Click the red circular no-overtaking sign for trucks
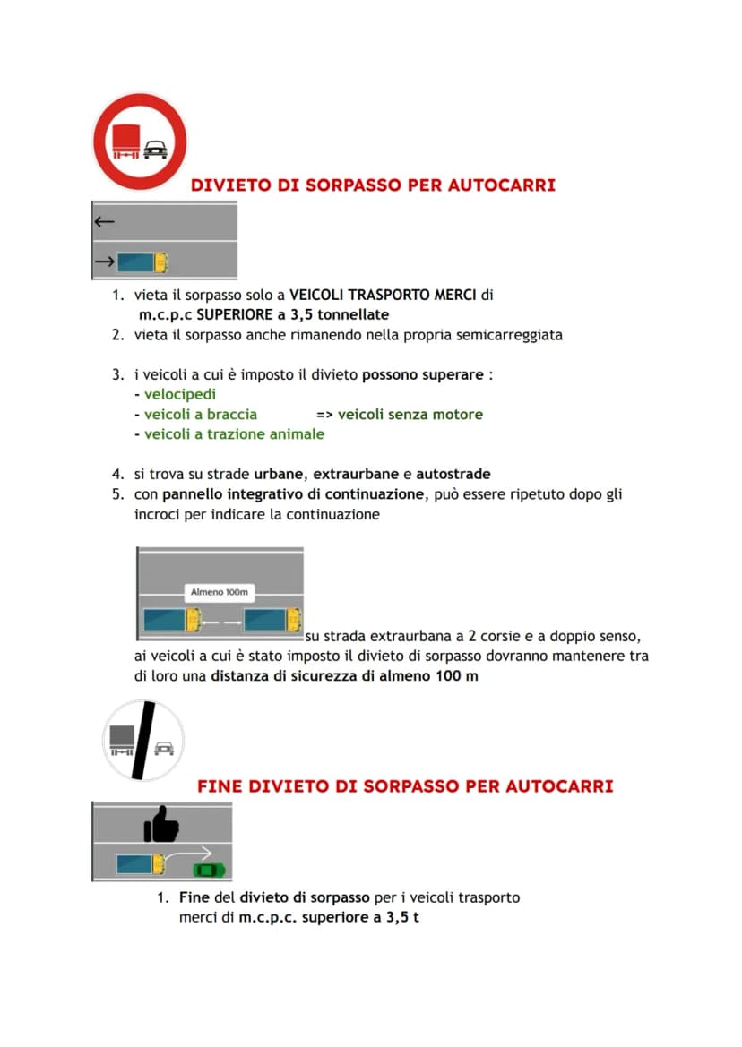coord(141,142)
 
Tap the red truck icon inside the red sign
coord(126,142)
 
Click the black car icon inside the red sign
coord(156,150)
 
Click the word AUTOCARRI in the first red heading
coord(502,185)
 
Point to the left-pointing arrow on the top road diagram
coord(105,221)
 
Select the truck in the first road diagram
coord(142,262)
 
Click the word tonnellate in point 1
coord(353,314)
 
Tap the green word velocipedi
coord(180,395)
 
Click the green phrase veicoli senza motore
coord(410,415)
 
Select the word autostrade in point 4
coord(453,474)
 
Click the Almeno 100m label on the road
coord(219,592)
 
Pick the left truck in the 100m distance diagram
coord(172,621)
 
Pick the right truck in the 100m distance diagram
coord(272,621)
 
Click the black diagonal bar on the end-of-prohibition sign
coord(143,740)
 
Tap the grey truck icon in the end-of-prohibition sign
coord(122,741)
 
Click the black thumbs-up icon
coord(161,824)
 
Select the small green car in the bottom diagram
coord(209,870)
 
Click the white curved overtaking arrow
coord(188,856)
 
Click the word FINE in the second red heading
coord(220,785)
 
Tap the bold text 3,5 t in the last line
coord(402,917)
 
